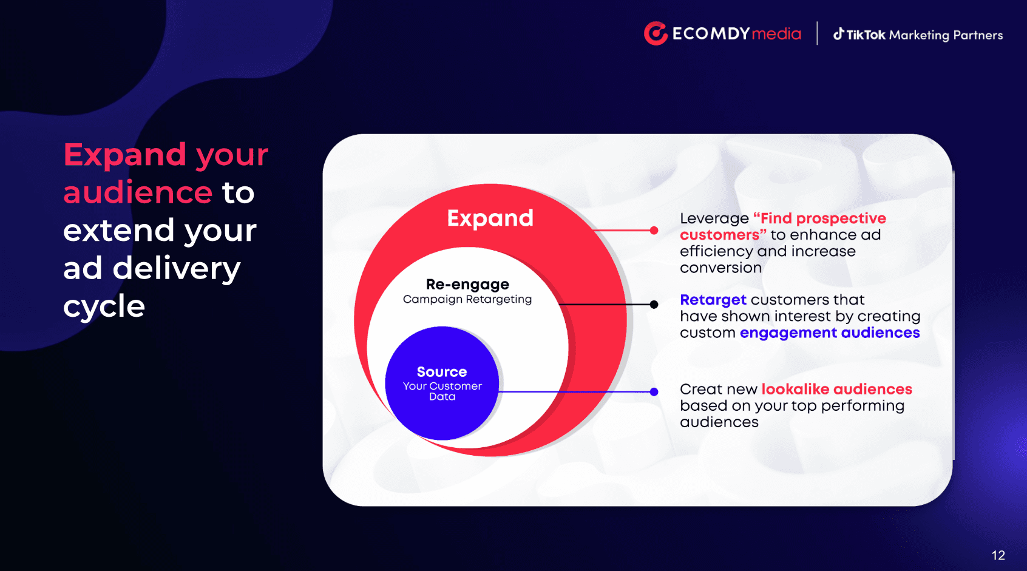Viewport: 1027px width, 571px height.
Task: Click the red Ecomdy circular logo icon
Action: (656, 33)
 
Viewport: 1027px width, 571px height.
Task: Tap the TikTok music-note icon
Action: (838, 34)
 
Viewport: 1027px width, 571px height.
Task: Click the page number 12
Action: (998, 555)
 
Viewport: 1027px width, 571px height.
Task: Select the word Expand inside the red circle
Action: (490, 218)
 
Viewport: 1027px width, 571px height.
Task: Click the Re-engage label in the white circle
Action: (467, 285)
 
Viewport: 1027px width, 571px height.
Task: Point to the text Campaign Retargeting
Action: (467, 299)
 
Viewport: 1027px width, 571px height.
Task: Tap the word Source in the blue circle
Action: (441, 371)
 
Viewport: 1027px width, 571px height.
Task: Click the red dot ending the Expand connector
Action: (654, 231)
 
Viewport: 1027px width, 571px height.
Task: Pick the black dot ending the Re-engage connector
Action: (654, 304)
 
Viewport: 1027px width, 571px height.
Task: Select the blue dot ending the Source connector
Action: (654, 392)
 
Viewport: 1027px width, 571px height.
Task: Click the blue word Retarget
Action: (713, 300)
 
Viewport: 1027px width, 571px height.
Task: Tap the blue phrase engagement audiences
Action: (830, 333)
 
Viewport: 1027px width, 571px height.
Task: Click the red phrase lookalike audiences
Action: (837, 389)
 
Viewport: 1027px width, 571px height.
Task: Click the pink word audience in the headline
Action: (138, 192)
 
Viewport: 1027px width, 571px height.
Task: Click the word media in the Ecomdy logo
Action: (776, 34)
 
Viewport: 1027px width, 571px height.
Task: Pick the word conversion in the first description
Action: (720, 268)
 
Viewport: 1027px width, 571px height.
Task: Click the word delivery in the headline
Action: (177, 269)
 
